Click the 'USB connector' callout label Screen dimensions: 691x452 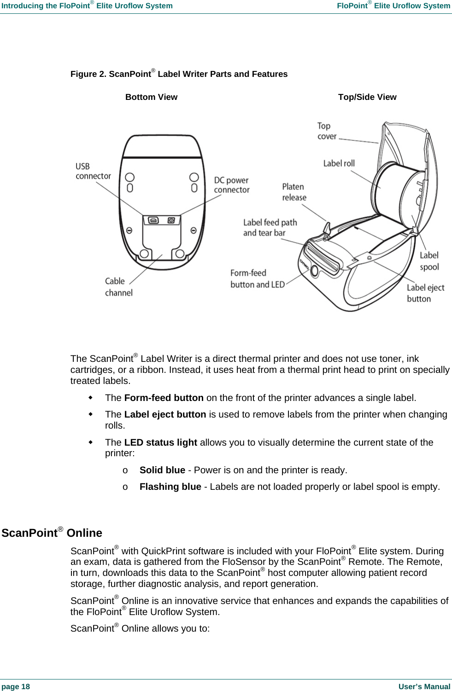tap(93, 171)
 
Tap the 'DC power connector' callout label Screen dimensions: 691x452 tap(231, 185)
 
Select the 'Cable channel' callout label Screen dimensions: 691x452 tap(118, 287)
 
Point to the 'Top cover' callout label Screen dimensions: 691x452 tap(327, 131)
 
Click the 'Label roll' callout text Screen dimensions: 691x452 tap(339, 163)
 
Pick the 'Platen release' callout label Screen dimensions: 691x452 tap(294, 192)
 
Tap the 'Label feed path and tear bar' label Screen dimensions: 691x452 tap(270, 228)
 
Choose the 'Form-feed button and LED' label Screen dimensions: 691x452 tap(257, 279)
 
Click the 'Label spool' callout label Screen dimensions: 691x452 tap(429, 261)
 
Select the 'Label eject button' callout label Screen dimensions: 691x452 tap(425, 293)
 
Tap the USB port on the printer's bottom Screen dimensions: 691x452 tap(154, 221)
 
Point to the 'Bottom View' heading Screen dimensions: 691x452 tap(151, 97)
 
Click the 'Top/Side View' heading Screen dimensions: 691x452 tap(367, 97)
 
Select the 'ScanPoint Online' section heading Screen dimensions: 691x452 tap(52, 533)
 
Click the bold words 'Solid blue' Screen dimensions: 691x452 tap(162, 470)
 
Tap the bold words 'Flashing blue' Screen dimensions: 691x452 tap(170, 487)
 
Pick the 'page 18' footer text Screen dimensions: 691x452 tap(16, 686)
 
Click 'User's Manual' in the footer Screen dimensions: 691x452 tap(424, 686)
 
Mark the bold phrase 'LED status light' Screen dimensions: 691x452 tap(160, 442)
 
